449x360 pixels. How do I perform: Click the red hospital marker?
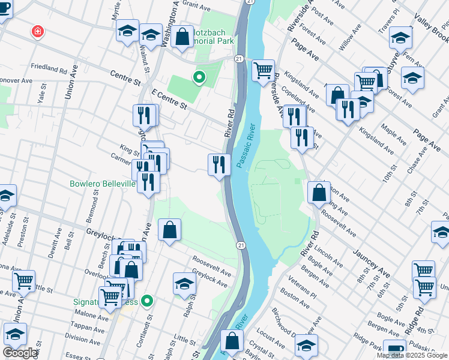point(38,31)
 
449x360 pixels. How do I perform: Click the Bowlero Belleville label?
point(103,184)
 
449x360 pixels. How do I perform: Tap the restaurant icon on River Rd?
point(219,164)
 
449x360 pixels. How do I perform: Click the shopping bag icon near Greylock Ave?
point(170,230)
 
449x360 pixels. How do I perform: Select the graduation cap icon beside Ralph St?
point(185,284)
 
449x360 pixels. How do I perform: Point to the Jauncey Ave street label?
point(372,265)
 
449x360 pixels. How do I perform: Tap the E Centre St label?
point(170,100)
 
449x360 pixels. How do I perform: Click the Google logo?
point(20,353)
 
